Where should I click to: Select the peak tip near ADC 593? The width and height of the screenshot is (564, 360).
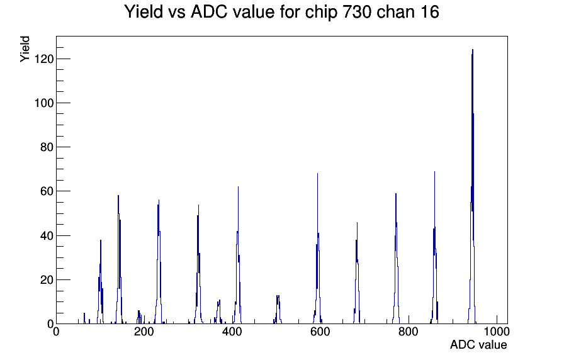pos(318,174)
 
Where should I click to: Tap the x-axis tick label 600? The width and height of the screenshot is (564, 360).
pos(320,332)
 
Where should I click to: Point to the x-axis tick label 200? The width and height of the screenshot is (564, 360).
pos(144,332)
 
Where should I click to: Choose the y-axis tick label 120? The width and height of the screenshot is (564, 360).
pos(43,59)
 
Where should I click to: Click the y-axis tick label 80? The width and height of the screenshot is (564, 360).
pos(47,147)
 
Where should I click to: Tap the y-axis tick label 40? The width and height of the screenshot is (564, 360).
pos(47,235)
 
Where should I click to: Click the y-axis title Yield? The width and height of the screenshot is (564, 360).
pos(25,49)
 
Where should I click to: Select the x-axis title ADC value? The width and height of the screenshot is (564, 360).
pos(478,345)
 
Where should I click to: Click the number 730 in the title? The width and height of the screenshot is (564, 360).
pos(355,12)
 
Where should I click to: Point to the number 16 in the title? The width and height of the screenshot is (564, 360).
pos(429,12)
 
